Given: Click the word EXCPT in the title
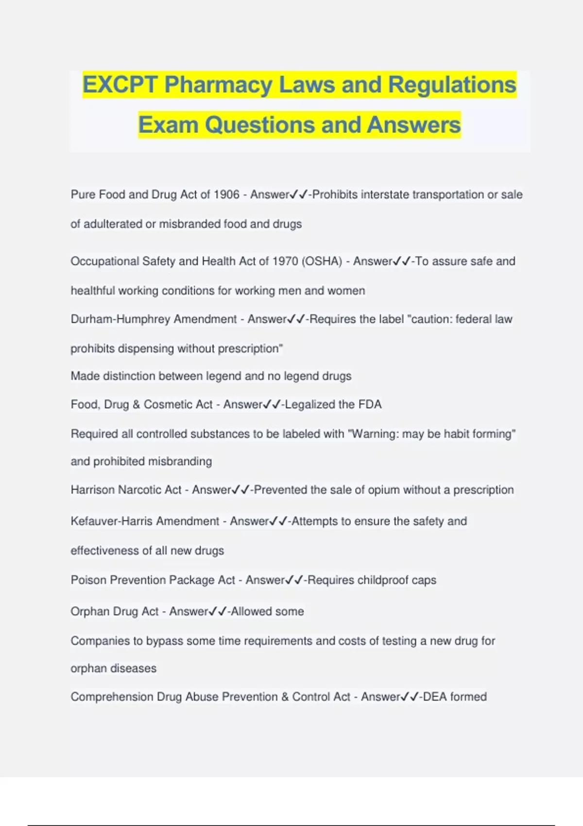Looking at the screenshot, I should click(x=120, y=85).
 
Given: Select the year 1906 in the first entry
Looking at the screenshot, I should click(x=226, y=195).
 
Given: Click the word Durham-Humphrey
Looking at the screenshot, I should click(x=120, y=319).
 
